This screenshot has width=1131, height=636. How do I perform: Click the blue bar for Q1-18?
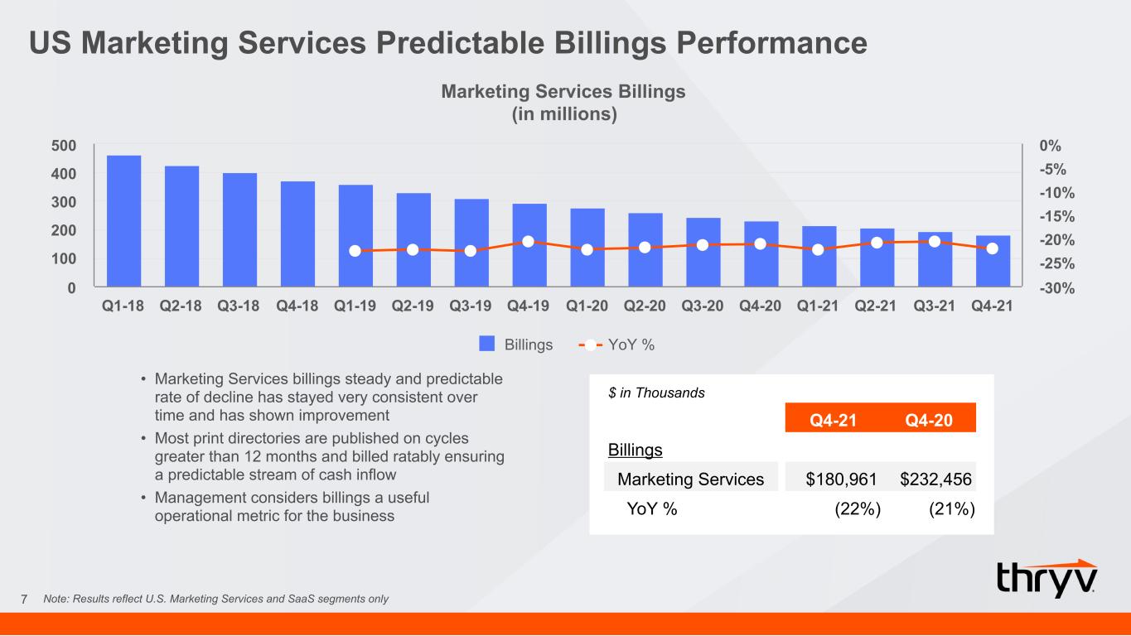[x=123, y=221]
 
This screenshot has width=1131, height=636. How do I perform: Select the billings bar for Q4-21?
[x=993, y=261]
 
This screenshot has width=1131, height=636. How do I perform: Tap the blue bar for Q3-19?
[x=471, y=243]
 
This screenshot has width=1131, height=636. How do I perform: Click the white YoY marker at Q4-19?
[x=528, y=242]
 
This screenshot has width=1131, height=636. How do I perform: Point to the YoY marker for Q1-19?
[x=355, y=251]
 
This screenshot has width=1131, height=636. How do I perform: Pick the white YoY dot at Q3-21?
[x=935, y=242]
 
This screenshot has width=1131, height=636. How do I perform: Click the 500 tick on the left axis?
[x=64, y=146]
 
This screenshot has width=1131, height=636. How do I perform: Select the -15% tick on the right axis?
[x=1056, y=216]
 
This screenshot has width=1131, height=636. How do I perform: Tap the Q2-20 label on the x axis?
[x=645, y=306]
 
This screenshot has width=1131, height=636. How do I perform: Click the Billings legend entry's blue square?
[x=486, y=344]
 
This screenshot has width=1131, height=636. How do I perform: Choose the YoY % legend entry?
[x=616, y=344]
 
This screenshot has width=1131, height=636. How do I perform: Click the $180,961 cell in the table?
[x=841, y=479]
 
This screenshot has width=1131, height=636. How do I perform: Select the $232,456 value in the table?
[x=935, y=479]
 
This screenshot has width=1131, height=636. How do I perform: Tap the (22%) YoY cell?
[x=858, y=508]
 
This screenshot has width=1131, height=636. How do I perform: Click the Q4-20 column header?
[x=929, y=421]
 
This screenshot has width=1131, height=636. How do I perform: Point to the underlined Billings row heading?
[x=636, y=450]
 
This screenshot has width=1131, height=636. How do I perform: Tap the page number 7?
[x=24, y=600]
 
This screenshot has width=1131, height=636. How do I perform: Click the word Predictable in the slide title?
[x=460, y=42]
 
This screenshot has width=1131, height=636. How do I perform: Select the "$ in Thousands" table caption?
[x=656, y=393]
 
